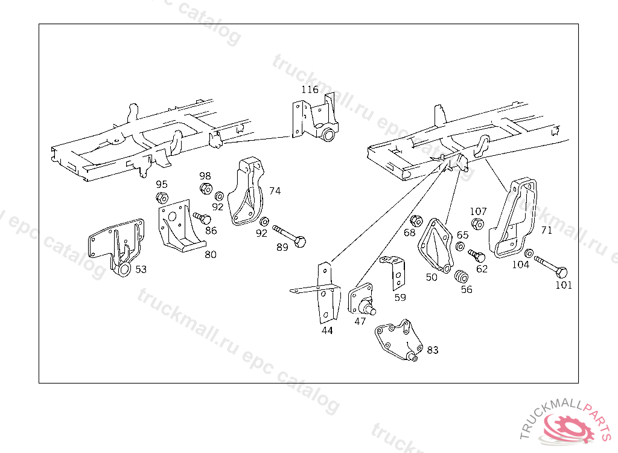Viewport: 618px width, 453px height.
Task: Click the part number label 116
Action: (x=310, y=89)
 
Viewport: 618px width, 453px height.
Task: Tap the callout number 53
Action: (x=141, y=269)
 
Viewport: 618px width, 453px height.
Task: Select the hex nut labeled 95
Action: (x=162, y=198)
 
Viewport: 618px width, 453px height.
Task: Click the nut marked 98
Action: (x=206, y=188)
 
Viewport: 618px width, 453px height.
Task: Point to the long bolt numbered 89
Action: (x=289, y=236)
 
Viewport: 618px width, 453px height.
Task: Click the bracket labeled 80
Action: (x=180, y=225)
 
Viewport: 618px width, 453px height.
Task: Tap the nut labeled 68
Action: (x=416, y=221)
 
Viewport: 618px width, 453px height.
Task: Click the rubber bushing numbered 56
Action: (x=461, y=276)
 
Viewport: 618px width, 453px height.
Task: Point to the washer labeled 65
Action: (x=460, y=246)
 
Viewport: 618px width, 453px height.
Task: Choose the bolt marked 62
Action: (x=477, y=255)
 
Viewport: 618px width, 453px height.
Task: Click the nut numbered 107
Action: (x=477, y=224)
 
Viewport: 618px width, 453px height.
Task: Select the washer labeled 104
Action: (x=529, y=253)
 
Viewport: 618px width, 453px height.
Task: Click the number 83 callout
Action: (x=432, y=350)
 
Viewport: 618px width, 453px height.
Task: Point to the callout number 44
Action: (x=327, y=330)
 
